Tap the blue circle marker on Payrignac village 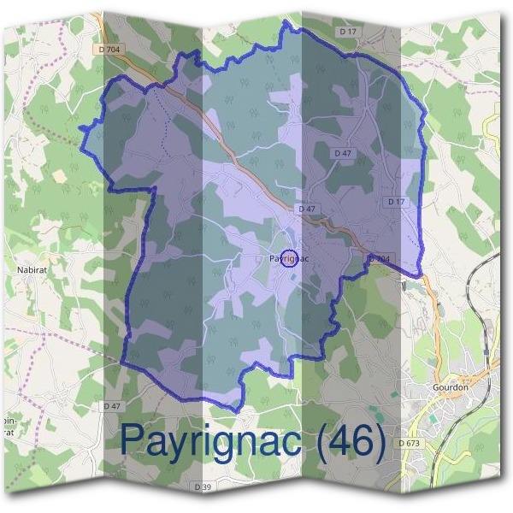pos(289,257)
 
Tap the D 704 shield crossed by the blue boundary pos(379,258)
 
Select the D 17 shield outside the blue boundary pos(346,32)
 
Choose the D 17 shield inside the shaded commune pos(395,202)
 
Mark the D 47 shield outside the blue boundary pos(111,405)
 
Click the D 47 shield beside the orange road pos(306,209)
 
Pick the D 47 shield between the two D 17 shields pos(343,153)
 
